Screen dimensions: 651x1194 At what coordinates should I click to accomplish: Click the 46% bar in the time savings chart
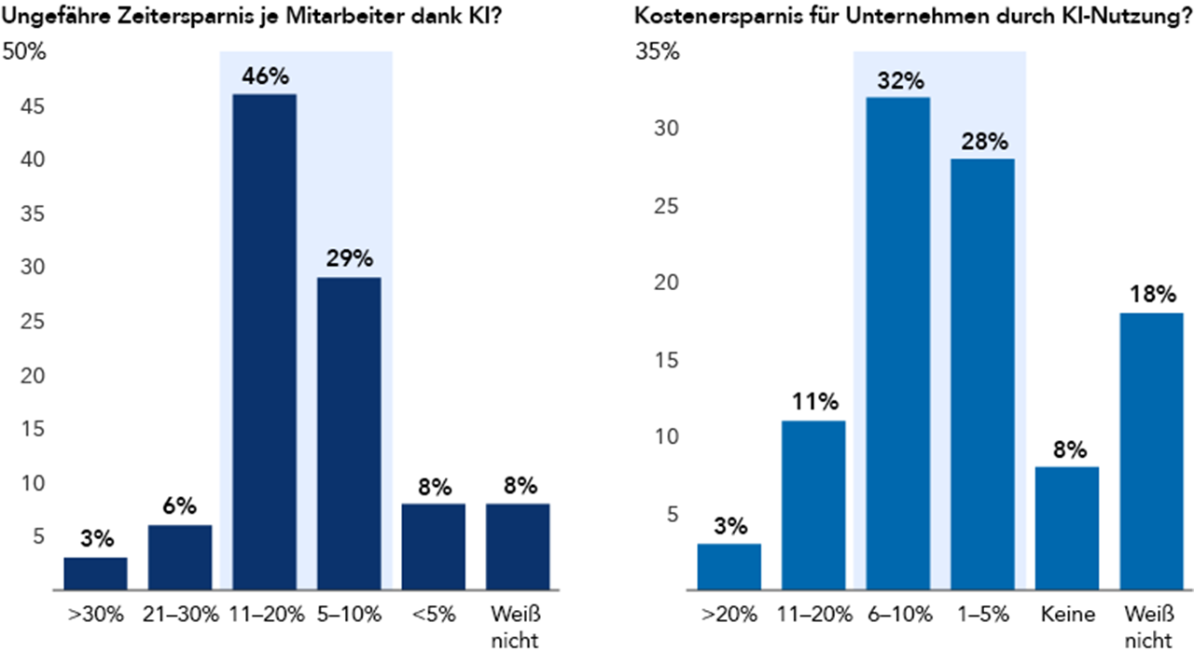264,342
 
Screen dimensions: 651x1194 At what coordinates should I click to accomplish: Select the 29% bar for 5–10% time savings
349,434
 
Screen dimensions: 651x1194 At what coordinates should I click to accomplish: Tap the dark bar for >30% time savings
96,574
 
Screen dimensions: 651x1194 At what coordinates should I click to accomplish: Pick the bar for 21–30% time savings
180,558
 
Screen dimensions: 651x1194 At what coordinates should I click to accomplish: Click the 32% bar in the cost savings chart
897,343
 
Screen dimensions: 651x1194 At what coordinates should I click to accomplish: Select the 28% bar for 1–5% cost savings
982,374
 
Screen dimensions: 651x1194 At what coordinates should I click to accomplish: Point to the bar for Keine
1067,528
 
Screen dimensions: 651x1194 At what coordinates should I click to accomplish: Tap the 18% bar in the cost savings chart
1151,451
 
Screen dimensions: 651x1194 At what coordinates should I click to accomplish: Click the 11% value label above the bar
813,403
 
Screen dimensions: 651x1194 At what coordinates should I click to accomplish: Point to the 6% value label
180,506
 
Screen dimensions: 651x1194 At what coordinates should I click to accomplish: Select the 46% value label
264,76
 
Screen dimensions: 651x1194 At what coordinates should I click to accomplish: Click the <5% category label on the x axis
434,615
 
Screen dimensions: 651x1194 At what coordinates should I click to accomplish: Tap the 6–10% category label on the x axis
897,615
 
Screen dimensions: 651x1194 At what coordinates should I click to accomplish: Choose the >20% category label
729,615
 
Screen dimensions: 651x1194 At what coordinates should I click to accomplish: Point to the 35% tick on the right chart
658,52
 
